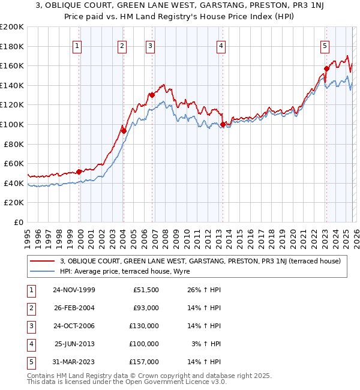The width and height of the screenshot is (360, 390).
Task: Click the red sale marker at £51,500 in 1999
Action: (79, 172)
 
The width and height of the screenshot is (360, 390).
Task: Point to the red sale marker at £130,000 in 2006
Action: (152, 95)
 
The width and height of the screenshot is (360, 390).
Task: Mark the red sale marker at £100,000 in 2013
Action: (223, 124)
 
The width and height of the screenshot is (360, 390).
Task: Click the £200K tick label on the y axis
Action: (12, 27)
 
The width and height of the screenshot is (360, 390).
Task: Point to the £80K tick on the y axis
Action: (14, 144)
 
